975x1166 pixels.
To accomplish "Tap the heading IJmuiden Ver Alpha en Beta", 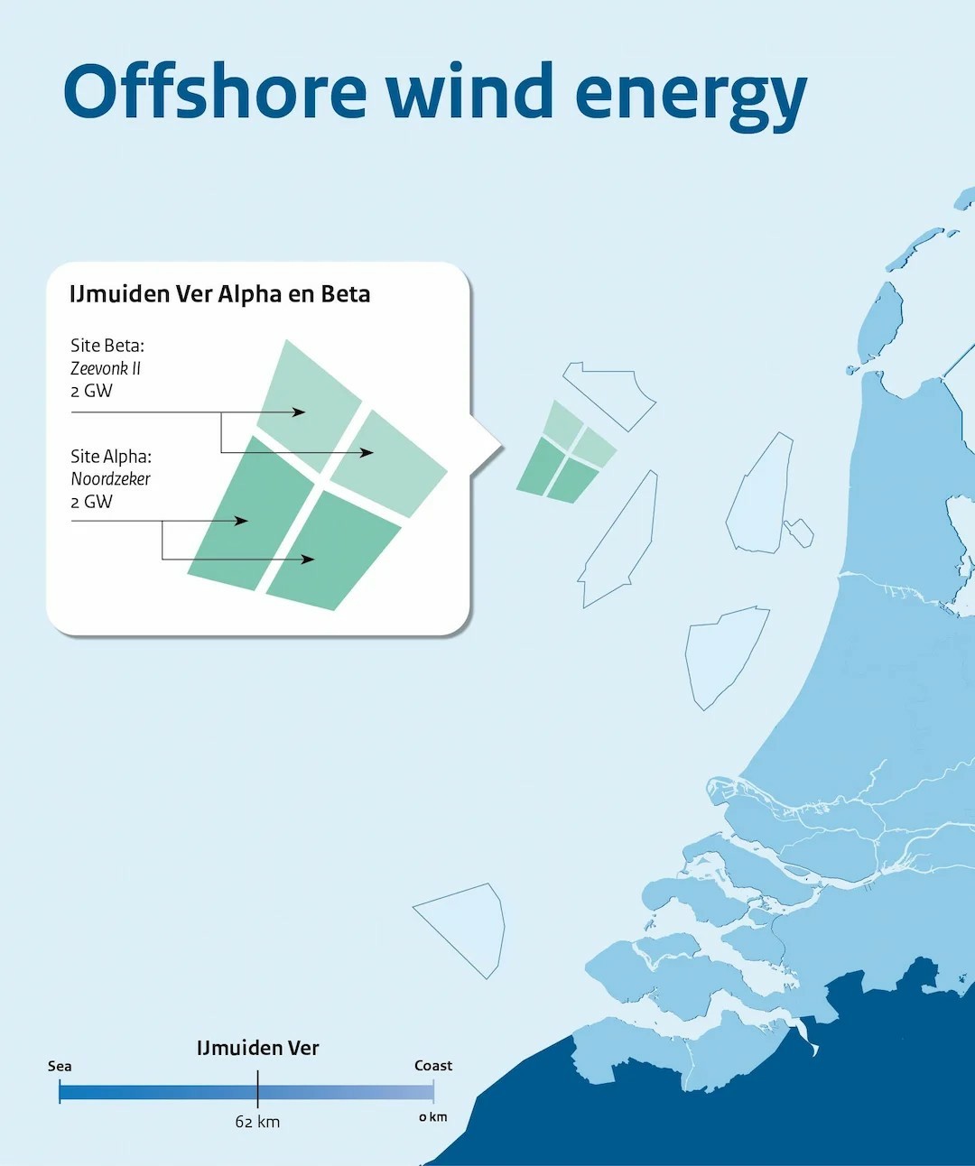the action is point(219,293).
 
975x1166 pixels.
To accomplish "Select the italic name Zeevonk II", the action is point(106,368).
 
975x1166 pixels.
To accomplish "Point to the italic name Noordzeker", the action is point(110,478).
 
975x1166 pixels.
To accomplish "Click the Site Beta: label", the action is point(107,346).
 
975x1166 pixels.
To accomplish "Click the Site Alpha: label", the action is point(111,457).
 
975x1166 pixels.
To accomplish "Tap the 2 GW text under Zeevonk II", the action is point(91,391).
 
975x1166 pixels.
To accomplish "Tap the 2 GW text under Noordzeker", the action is point(91,502).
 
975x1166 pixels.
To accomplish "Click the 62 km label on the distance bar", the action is point(257,1121).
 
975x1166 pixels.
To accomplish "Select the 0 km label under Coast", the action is point(433,1117).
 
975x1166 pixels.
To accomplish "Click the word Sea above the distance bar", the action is point(60,1066).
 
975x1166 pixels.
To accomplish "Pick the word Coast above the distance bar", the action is point(433,1066).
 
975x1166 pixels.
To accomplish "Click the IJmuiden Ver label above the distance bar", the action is point(257,1048).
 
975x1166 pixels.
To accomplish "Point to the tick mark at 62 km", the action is point(257,1089).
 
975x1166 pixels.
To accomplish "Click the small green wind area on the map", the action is point(565,452).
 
